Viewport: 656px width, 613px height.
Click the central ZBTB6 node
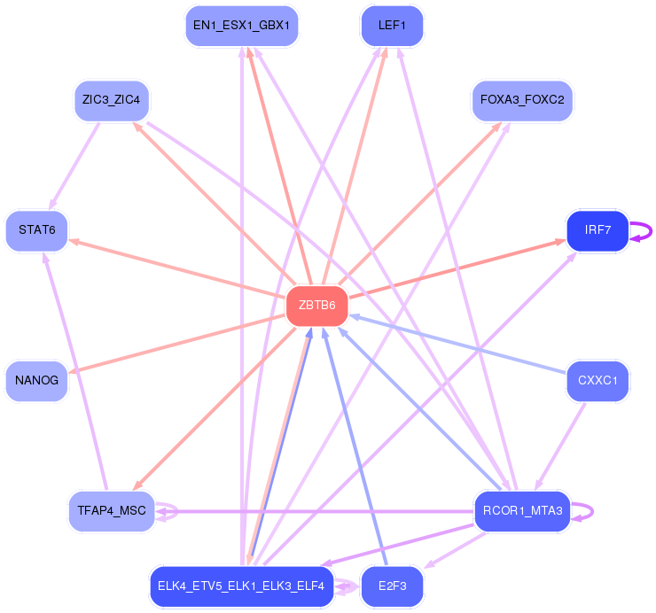click(316, 306)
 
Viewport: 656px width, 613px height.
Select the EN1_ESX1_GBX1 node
click(241, 26)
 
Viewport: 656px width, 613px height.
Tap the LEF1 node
click(392, 26)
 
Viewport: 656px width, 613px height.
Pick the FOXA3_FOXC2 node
click(522, 99)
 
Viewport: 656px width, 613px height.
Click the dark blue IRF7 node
click(597, 230)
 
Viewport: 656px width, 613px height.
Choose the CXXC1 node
click(597, 381)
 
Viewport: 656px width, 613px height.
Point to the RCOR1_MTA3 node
click(522, 511)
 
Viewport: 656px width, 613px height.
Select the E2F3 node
click(392, 586)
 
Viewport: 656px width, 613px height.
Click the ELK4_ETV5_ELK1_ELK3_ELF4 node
click(241, 586)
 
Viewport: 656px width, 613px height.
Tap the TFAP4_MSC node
click(112, 511)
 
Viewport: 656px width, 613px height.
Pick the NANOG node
click(36, 381)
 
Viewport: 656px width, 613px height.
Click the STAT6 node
click(36, 230)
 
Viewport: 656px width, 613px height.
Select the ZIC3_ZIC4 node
click(112, 99)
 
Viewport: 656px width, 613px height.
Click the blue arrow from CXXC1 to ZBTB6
click(457, 344)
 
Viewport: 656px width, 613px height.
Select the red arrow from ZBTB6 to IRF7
click(457, 268)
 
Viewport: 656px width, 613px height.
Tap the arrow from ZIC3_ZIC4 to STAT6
click(75, 162)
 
